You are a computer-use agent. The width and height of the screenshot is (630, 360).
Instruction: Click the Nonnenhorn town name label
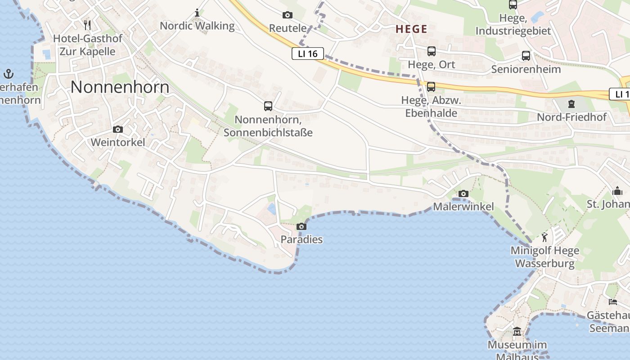click(x=120, y=87)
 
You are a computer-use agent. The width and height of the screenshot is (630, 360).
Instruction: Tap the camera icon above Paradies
click(x=301, y=226)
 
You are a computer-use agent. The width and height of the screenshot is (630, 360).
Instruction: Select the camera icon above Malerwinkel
click(x=463, y=194)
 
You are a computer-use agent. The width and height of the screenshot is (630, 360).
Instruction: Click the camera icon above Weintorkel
click(x=118, y=130)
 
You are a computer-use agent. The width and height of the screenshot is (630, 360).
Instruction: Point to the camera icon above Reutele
click(x=288, y=15)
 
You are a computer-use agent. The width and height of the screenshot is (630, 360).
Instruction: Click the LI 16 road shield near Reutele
click(x=308, y=54)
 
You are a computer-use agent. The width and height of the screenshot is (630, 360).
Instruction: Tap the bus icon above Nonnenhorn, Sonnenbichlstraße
click(x=268, y=106)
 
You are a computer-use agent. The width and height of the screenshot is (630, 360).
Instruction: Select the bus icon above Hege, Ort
click(x=432, y=51)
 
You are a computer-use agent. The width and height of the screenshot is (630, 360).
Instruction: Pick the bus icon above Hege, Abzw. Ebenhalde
click(x=431, y=87)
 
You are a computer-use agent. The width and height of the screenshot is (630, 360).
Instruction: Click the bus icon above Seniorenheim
click(x=526, y=56)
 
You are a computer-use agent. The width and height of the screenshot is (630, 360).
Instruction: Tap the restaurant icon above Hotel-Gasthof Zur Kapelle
click(x=88, y=25)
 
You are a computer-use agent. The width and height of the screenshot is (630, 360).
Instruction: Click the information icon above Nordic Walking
click(x=197, y=13)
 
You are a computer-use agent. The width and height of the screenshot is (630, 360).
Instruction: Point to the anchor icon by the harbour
click(x=9, y=73)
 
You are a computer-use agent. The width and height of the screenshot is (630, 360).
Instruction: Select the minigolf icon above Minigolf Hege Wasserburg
click(x=545, y=237)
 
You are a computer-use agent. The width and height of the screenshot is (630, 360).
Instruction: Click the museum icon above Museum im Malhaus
click(x=517, y=332)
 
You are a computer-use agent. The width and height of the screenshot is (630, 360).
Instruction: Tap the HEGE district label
click(x=411, y=29)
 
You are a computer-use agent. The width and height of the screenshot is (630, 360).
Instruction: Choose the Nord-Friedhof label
click(x=571, y=117)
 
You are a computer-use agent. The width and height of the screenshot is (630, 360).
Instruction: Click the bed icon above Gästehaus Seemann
click(x=613, y=301)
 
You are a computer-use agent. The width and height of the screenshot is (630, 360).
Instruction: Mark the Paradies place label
click(x=301, y=239)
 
